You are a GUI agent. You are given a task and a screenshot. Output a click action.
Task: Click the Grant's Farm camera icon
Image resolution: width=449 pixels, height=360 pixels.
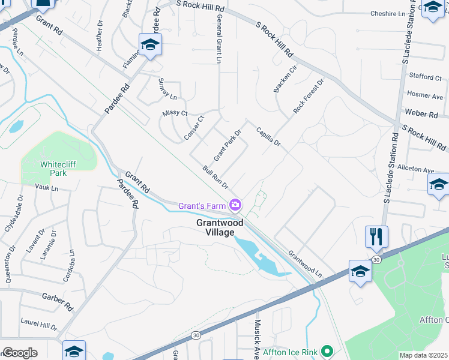pos(236,206)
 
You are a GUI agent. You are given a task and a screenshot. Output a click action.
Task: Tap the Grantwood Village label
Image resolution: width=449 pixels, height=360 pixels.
pos(220,227)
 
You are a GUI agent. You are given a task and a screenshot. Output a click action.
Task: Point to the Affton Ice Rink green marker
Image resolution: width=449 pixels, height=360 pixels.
pos(327,350)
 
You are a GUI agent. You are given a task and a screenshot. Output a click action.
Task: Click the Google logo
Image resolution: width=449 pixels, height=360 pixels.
pos(20,353)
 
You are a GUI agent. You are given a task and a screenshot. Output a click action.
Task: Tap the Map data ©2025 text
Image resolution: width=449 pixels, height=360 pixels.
pos(423,355)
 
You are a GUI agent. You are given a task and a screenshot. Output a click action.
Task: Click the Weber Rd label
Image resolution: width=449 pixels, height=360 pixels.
pos(420,113)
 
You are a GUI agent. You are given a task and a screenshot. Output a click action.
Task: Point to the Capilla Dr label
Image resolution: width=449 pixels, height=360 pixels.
pos(268,136)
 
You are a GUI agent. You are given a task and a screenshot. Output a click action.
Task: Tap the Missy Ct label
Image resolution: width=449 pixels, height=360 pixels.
pos(175,113)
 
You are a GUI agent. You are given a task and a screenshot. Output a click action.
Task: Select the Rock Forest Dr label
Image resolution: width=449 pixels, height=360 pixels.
pos(309,96)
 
